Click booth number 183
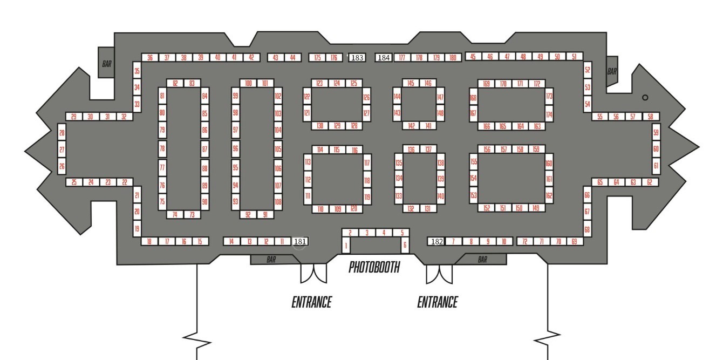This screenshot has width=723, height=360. (x=357, y=58)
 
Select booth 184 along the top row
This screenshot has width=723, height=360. (x=384, y=58)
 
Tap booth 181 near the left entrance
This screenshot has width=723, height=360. (x=300, y=242)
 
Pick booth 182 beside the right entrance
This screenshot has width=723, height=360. (x=436, y=242)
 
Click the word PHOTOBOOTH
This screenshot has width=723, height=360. (x=374, y=267)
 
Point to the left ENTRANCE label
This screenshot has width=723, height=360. (x=311, y=302)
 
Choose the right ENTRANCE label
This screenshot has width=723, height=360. (x=437, y=302)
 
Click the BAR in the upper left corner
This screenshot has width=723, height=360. (x=106, y=64)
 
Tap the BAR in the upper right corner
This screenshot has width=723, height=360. (x=612, y=71)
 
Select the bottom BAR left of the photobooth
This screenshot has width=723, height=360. (x=271, y=260)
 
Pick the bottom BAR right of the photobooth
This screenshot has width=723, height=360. (x=482, y=260)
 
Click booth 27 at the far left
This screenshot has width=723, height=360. (x=62, y=150)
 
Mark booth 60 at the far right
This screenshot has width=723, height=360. (x=656, y=149)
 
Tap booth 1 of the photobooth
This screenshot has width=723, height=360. (x=346, y=246)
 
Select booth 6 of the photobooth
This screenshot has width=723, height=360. (x=405, y=246)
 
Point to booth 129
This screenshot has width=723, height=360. (x=337, y=126)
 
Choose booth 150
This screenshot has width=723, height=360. (x=519, y=208)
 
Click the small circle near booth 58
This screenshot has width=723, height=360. (x=645, y=98)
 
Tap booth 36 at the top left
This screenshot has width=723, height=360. (x=150, y=58)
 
